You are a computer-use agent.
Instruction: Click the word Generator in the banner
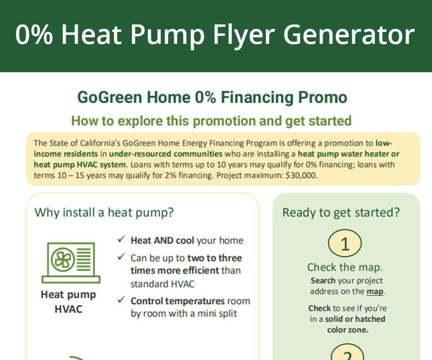349,34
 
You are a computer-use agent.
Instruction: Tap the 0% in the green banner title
34,34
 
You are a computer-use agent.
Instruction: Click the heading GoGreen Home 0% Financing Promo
212,97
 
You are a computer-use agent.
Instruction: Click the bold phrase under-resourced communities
166,153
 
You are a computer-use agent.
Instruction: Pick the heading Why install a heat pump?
104,213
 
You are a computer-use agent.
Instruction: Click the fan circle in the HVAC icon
63,259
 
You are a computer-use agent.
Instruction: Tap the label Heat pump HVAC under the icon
68,302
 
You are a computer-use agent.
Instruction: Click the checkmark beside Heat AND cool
121,239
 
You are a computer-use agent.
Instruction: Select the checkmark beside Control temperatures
121,300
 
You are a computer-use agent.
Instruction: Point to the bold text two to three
215,258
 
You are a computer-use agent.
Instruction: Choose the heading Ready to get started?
341,213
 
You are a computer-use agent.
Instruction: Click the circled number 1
345,243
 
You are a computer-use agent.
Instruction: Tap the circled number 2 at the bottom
347,352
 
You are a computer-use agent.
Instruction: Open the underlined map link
375,291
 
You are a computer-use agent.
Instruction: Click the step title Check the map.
345,267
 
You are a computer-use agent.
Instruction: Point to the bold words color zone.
348,330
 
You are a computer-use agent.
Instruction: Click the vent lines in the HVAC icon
84,259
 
